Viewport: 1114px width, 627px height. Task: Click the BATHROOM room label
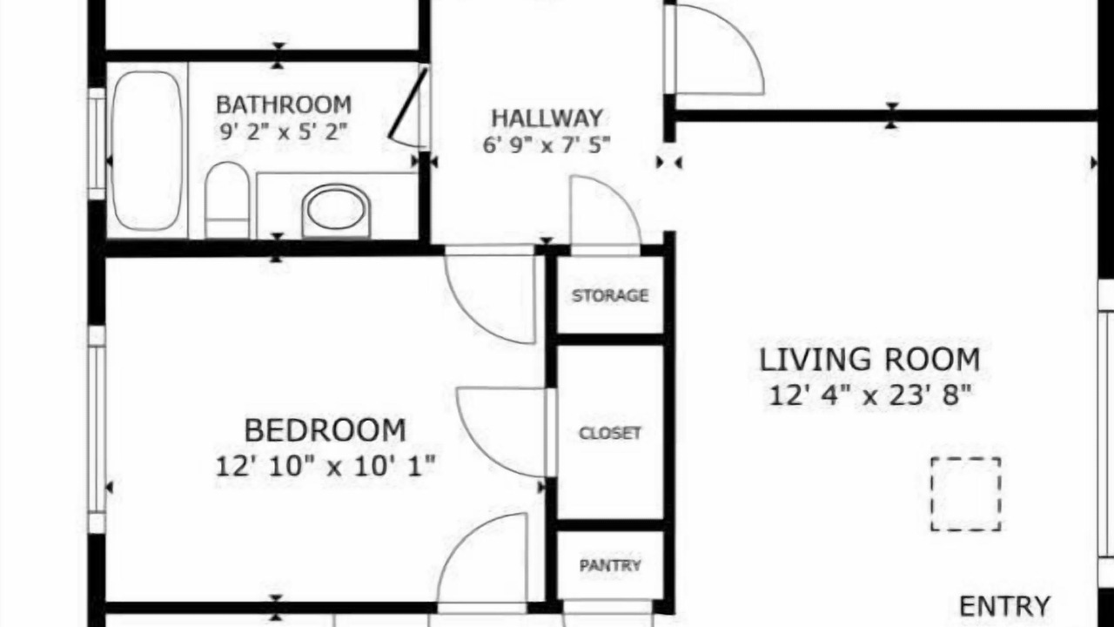coord(284,105)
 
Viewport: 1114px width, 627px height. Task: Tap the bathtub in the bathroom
coord(147,151)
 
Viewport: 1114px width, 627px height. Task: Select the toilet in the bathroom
coord(227,200)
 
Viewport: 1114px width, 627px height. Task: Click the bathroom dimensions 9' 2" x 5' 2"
coord(284,131)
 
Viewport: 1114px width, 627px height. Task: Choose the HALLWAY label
coord(547,118)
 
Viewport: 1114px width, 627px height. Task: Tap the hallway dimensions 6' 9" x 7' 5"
coord(547,145)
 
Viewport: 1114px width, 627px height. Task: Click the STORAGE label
coord(610,295)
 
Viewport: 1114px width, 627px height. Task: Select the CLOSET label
coord(610,433)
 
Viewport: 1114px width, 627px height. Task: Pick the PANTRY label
coord(610,565)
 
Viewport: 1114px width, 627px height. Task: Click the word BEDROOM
coord(325,430)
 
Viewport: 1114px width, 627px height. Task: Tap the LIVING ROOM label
coord(869,360)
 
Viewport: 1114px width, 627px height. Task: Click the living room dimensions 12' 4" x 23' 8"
coord(870,395)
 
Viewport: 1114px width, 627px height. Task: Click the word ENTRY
coord(1004,607)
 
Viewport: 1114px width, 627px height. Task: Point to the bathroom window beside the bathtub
coord(97,145)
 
